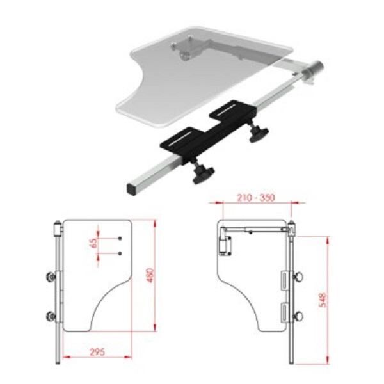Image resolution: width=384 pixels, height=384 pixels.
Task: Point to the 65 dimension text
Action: point(93,243)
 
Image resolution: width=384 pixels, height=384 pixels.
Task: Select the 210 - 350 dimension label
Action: point(254,198)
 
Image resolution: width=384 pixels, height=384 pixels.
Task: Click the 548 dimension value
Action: point(323,300)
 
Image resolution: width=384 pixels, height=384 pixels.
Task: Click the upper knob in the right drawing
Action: point(298,278)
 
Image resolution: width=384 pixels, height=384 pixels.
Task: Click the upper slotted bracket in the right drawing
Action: point(284,280)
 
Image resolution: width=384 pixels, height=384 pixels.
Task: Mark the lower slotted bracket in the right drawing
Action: point(284,312)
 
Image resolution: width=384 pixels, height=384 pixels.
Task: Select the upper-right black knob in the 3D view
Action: point(257,134)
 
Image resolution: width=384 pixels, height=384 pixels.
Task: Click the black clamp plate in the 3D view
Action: point(205,131)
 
